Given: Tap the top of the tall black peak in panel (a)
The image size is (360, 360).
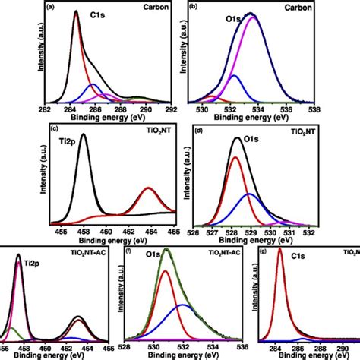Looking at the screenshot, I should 76,13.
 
